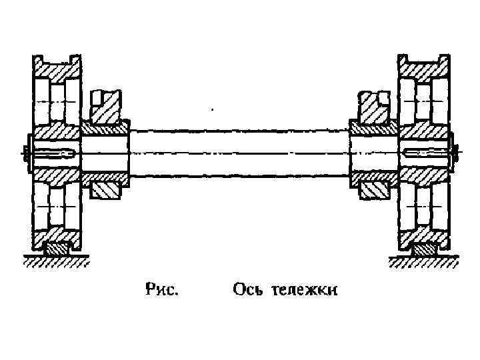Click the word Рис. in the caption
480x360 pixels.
click(162, 289)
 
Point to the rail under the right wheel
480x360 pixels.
click(423, 250)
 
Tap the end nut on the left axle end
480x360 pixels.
click(25, 153)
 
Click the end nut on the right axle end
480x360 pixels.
click(455, 153)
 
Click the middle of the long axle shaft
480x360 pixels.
click(240, 153)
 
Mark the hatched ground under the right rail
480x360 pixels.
click(423, 261)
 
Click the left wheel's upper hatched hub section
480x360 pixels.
click(56, 130)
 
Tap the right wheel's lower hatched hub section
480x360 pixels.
click(424, 176)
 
